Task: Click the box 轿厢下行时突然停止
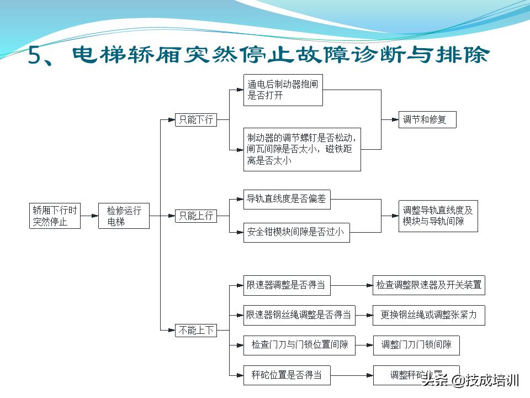coord(55,216)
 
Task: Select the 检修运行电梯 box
coord(124,216)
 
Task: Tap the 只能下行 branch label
coord(196,119)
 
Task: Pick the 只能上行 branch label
coord(196,216)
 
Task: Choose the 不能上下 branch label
coord(196,331)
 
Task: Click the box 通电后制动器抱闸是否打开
coord(283,90)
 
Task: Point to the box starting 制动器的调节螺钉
coord(302,149)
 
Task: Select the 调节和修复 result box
coord(427,119)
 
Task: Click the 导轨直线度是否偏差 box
coord(287,200)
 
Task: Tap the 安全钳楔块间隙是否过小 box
coord(296,232)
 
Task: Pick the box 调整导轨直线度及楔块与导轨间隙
coord(438,216)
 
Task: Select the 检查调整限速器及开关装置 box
coord(429,285)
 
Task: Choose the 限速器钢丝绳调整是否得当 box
coord(299,315)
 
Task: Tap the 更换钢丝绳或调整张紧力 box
coord(429,315)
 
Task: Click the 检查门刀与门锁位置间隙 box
coord(299,345)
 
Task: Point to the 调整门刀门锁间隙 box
coord(416,345)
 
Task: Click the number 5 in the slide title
coord(40,57)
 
